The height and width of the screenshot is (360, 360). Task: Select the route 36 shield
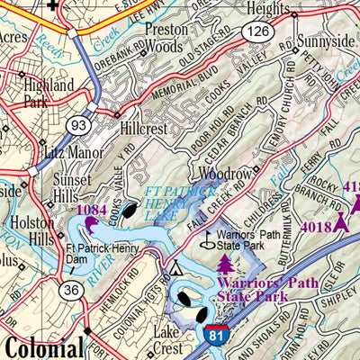[x=70, y=290]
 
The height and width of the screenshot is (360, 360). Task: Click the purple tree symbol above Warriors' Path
[x=224, y=263]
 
